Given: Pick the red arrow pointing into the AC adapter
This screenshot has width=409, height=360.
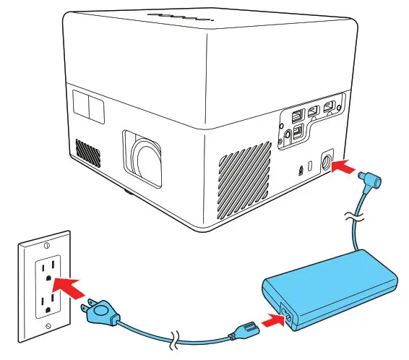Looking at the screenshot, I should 270,319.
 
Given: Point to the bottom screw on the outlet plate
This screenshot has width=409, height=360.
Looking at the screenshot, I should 47,327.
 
